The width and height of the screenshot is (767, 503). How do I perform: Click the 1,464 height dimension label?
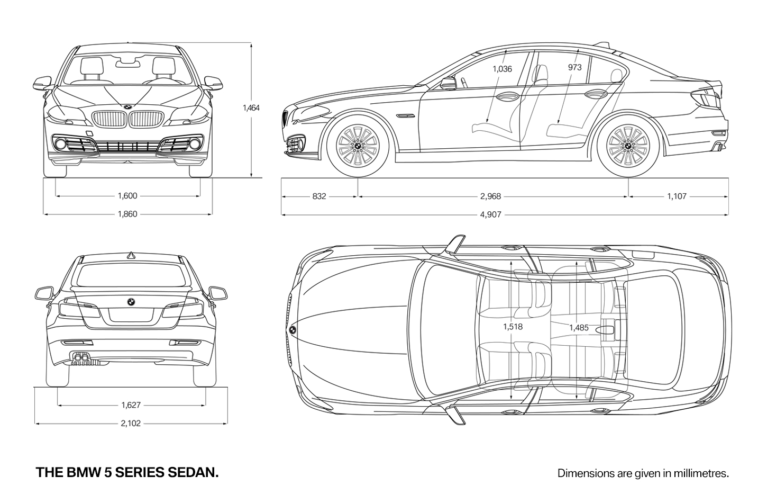click(x=251, y=108)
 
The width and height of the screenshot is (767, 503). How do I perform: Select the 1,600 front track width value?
click(x=127, y=196)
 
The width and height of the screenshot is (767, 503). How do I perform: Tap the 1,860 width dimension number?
click(x=127, y=214)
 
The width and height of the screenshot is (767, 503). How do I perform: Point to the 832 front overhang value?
click(x=319, y=196)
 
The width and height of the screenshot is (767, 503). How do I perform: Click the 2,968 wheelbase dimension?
click(x=490, y=196)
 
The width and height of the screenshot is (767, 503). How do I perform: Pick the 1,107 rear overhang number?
click(x=677, y=196)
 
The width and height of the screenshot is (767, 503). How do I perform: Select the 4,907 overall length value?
click(x=491, y=214)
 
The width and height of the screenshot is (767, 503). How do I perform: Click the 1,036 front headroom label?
click(x=503, y=69)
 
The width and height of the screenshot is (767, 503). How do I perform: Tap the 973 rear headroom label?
click(x=575, y=67)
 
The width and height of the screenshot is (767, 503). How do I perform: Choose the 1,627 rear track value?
click(x=131, y=405)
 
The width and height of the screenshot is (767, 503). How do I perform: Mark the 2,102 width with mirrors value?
click(x=131, y=424)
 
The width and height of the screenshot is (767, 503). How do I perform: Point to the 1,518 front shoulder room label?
click(x=513, y=327)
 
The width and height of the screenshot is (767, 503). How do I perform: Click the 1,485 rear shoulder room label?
click(x=579, y=328)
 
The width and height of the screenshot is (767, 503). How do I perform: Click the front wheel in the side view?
click(x=358, y=146)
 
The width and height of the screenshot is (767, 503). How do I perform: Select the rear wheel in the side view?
click(x=628, y=146)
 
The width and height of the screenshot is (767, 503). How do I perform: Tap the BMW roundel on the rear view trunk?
click(x=131, y=302)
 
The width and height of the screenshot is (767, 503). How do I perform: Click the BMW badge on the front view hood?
click(x=127, y=107)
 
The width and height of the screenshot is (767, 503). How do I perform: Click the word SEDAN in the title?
click(x=193, y=472)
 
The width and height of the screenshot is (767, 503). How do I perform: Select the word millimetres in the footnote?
click(x=701, y=473)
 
